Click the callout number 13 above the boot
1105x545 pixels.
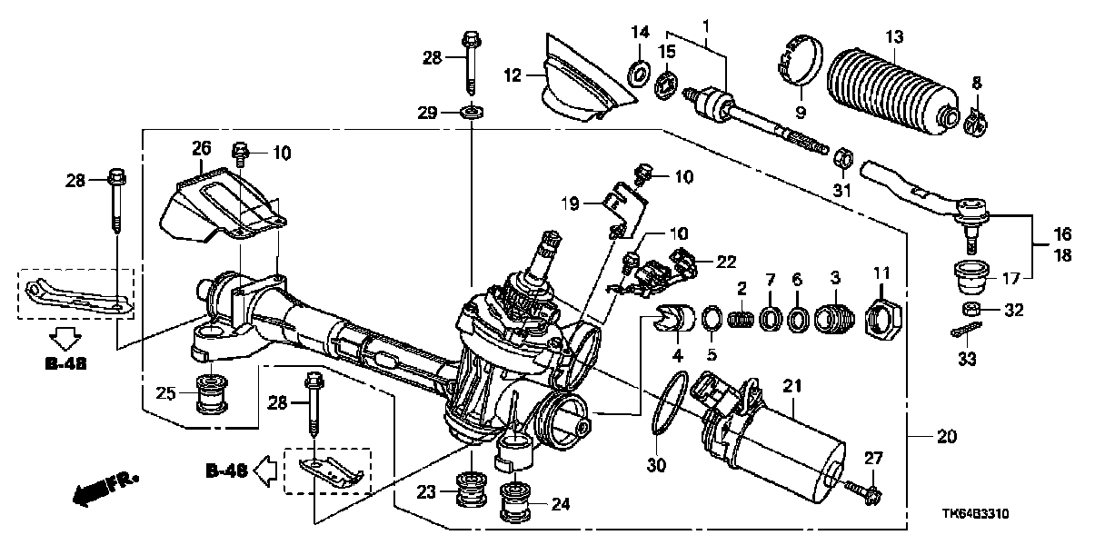(x=895, y=36)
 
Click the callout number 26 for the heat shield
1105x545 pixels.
(x=201, y=146)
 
